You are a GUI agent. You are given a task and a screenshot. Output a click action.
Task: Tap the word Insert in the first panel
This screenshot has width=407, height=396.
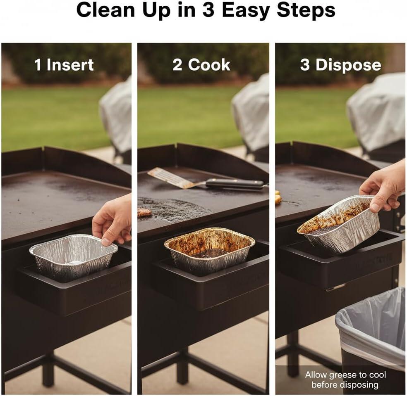pos(70,65)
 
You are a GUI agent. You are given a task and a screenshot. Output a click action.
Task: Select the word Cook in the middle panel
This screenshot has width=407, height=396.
pos(209,65)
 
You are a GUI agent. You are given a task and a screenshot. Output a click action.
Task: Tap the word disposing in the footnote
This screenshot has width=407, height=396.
pos(359,385)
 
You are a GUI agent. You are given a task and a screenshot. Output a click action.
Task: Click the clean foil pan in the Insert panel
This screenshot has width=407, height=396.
pos(73,257)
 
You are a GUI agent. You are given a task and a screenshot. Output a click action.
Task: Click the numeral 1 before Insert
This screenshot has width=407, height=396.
pos(38,65)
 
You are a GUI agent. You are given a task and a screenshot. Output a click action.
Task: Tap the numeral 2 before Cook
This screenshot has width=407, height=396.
pos(177,65)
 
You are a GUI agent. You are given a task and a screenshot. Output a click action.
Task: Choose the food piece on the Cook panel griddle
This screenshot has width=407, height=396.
pos(144,212)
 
